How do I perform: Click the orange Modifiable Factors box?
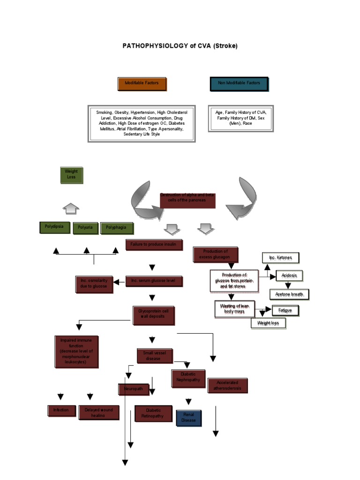[x=142, y=83]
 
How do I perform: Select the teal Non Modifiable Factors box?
[x=239, y=83]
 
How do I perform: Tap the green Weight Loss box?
[x=71, y=174]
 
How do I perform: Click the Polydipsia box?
[x=55, y=227]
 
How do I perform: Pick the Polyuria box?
[x=85, y=228]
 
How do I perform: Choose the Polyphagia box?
[x=117, y=228]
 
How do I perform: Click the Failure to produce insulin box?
[x=154, y=245]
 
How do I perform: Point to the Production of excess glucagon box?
[x=216, y=255]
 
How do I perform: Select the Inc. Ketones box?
[x=280, y=258]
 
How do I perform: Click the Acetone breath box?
[x=289, y=294]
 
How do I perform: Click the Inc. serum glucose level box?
[x=153, y=281]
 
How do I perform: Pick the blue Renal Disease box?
[x=189, y=418]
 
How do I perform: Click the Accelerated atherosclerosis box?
[x=227, y=385]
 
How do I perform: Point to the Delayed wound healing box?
[x=98, y=412]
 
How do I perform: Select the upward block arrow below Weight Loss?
[x=71, y=208]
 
